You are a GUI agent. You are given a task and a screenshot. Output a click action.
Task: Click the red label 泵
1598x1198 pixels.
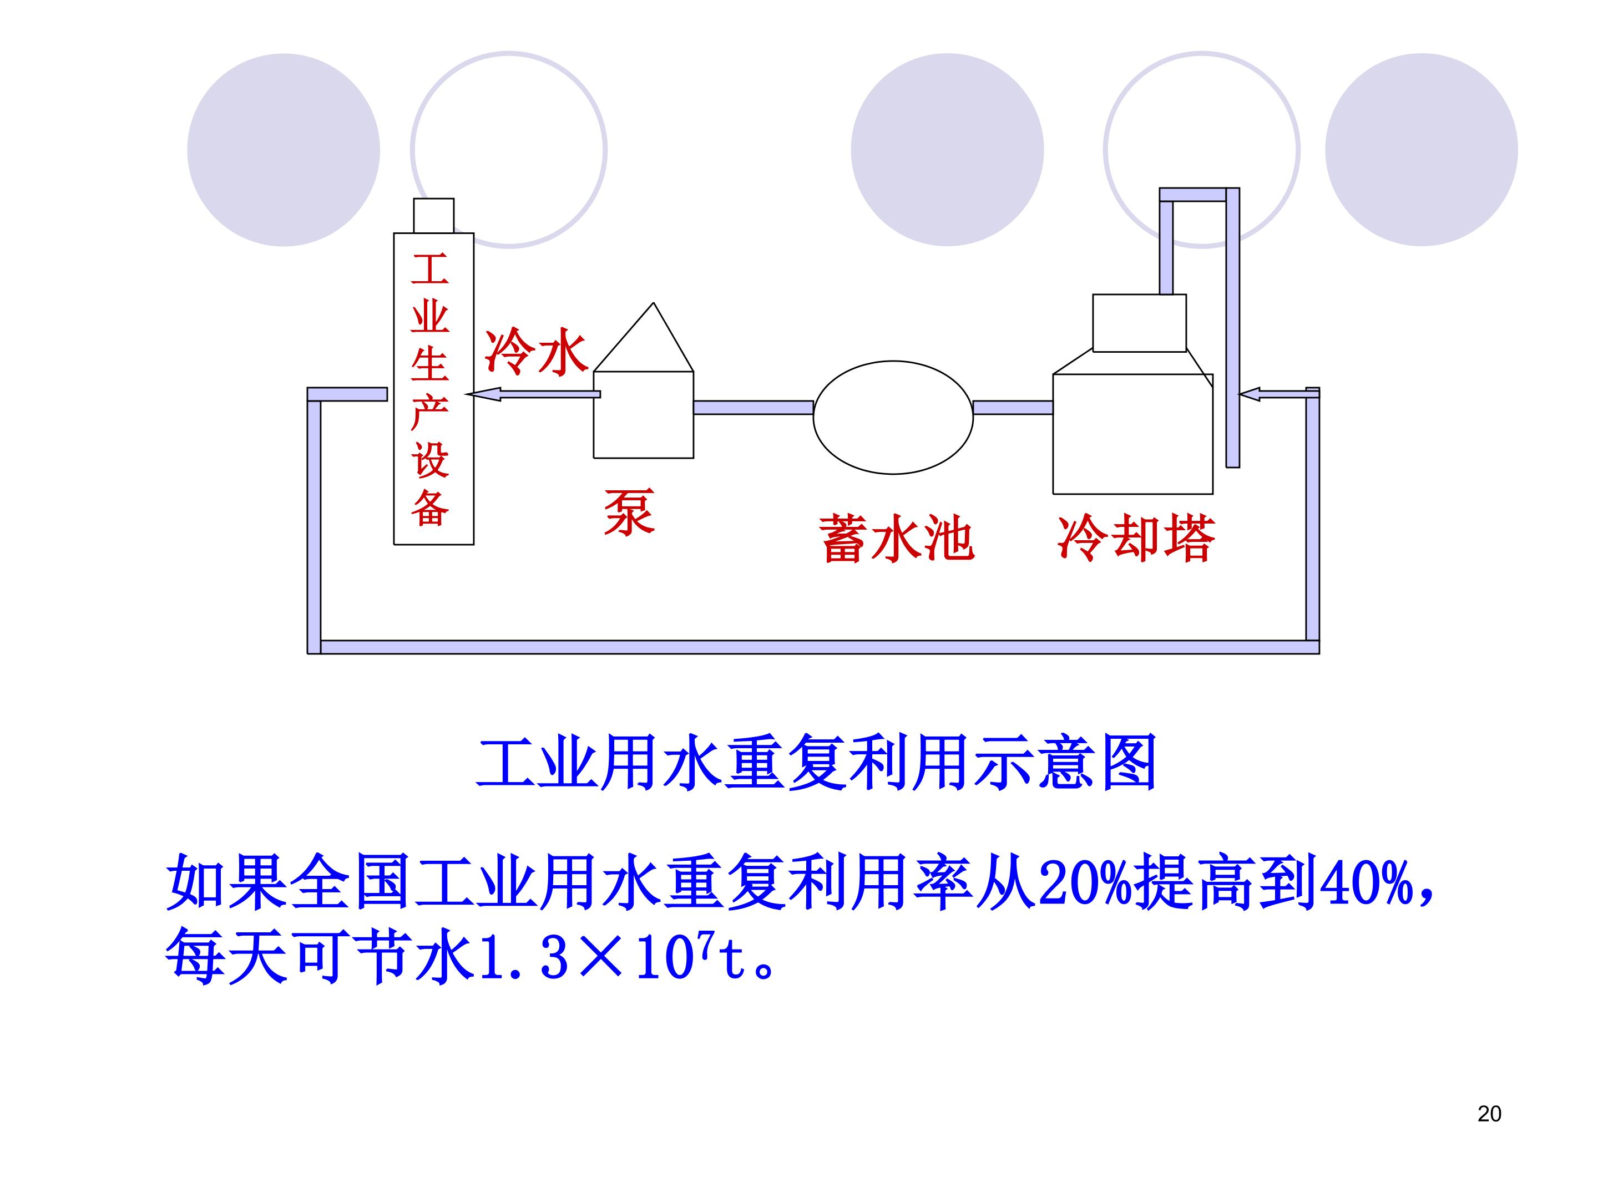coord(629,512)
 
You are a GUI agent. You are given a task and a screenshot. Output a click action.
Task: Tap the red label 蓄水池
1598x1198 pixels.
coord(897,538)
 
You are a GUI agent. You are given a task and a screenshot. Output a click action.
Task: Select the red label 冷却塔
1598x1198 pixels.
coord(1136,538)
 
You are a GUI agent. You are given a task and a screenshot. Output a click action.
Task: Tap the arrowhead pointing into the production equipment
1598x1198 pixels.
coord(483,394)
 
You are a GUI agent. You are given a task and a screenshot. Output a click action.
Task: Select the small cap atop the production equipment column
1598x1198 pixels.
coord(433,215)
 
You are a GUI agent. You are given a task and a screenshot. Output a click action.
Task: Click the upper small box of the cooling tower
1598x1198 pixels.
coord(1139,323)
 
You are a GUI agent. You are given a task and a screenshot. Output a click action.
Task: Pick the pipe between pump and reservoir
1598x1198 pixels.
coord(754,407)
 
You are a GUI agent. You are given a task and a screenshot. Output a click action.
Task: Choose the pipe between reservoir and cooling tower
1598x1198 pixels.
coord(1013,407)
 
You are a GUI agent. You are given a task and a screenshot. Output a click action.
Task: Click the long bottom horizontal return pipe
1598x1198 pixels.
coord(819,647)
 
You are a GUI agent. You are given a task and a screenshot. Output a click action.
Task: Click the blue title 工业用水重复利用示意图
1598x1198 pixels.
coord(816,763)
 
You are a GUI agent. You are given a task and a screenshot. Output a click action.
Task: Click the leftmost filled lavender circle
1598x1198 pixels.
coord(283,150)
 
